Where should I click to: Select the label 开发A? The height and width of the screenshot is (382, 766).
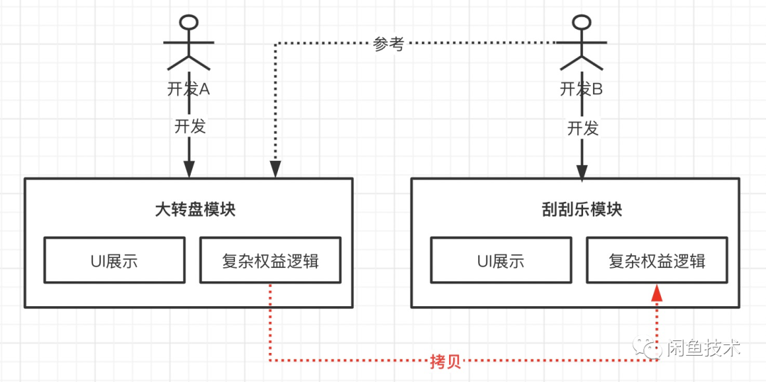tap(189, 89)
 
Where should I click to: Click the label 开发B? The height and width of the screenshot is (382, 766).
tap(582, 89)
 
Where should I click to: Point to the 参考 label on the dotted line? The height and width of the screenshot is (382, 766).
tap(389, 44)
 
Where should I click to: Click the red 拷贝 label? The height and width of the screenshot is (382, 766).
tap(445, 361)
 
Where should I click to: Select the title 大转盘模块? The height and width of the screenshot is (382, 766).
tap(195, 210)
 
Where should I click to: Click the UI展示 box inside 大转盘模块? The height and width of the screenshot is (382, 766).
tap(114, 260)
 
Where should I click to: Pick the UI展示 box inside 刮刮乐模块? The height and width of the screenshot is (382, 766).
tap(501, 260)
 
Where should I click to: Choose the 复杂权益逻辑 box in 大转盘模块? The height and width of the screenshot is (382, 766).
tap(270, 260)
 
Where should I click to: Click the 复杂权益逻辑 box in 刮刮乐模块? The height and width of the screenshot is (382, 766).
tap(657, 260)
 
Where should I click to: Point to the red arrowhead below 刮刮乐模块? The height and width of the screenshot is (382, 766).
tap(657, 292)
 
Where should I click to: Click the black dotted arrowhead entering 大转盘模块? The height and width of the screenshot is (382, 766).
tap(275, 170)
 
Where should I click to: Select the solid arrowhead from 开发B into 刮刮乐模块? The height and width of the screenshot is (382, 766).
tap(582, 172)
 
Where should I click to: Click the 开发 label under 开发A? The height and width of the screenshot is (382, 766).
tap(189, 126)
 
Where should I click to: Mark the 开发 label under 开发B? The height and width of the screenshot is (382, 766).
tap(582, 128)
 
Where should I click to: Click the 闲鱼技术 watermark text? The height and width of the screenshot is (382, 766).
tap(704, 348)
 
